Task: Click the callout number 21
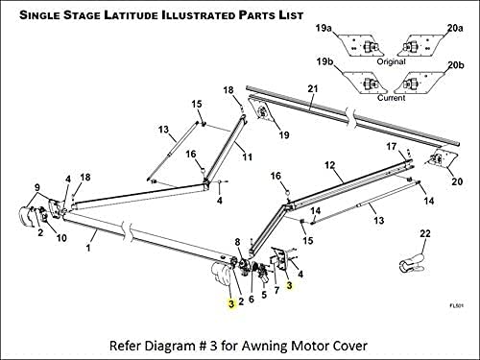(313, 88)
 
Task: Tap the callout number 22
(425, 233)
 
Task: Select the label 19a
(324, 28)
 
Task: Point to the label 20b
(456, 65)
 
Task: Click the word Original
(391, 61)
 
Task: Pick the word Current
(391, 98)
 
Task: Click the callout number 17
(392, 147)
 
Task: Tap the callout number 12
(330, 165)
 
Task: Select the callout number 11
(248, 156)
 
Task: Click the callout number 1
(88, 248)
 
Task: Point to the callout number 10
(61, 238)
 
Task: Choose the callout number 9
(37, 187)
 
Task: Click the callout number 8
(237, 242)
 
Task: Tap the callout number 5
(264, 295)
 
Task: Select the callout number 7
(276, 290)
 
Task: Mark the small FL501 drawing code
(457, 305)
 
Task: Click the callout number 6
(252, 299)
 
